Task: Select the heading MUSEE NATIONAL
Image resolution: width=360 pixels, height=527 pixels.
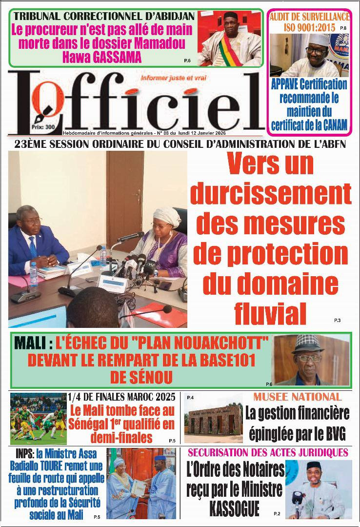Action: [x=297, y=397]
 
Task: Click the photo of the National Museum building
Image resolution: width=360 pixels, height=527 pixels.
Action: [x=213, y=418]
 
